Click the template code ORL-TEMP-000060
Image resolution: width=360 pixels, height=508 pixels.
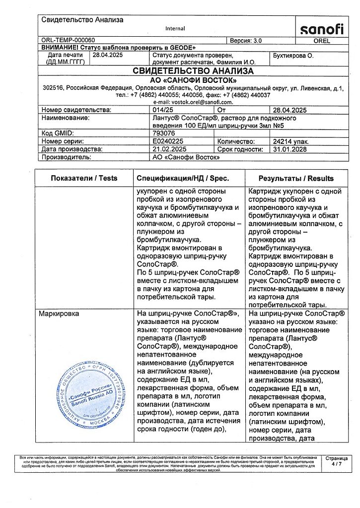[x=68, y=40]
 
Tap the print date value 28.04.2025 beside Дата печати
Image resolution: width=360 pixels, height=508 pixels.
[x=107, y=56]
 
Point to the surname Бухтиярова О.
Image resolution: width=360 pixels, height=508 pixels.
[x=293, y=56]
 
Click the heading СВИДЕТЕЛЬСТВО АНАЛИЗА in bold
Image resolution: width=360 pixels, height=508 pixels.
[x=193, y=71]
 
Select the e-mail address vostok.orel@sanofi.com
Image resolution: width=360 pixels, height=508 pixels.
[x=193, y=102]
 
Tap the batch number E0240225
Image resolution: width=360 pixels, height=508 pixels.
[x=168, y=141]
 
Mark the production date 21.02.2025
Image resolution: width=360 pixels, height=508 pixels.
[x=169, y=149]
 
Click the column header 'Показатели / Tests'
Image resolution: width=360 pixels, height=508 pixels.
[x=84, y=178]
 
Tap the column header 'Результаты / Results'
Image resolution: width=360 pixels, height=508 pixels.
[x=296, y=178]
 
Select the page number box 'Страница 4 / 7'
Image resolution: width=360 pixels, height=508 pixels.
[x=336, y=461]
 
